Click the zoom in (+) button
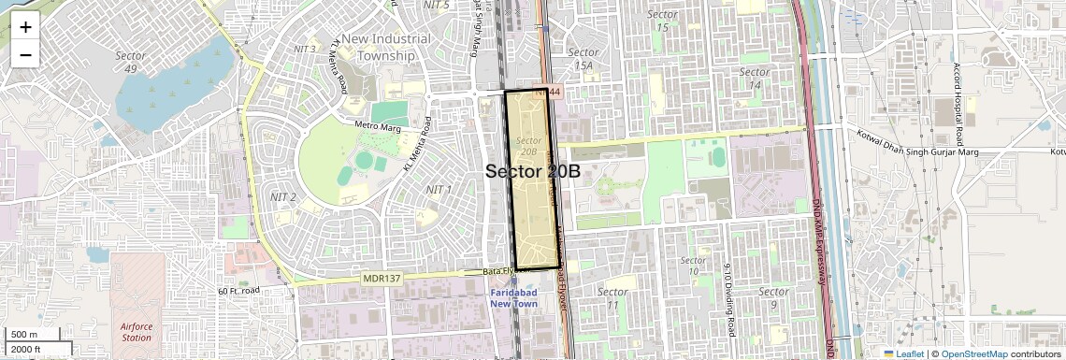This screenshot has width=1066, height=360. (25, 26)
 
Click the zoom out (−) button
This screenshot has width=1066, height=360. (25, 54)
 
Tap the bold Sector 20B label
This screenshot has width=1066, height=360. (533, 171)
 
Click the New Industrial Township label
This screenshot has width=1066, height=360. (386, 47)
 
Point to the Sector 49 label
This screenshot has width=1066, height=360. (130, 62)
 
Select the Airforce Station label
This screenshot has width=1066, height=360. (137, 332)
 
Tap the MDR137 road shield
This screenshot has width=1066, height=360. (381, 279)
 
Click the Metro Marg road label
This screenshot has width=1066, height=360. (378, 124)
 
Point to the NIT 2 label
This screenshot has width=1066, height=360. (282, 197)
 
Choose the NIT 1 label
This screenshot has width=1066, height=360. (439, 190)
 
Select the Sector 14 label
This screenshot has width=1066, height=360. (755, 79)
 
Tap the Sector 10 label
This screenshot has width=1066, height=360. (693, 266)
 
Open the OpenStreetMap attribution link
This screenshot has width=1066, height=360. (973, 353)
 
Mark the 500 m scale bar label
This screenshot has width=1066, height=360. (24, 334)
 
